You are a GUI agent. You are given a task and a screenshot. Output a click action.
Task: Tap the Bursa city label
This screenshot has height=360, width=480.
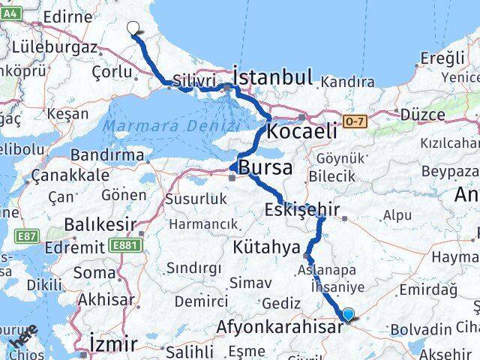click(265, 166)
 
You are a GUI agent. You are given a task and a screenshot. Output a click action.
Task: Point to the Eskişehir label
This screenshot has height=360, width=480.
click(302, 210)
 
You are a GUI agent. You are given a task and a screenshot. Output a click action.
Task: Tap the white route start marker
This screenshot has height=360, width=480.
click(133, 28)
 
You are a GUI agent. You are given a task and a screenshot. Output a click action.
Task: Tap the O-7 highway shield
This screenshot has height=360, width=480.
click(355, 120)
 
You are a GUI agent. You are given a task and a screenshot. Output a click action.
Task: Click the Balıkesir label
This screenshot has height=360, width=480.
click(100, 224)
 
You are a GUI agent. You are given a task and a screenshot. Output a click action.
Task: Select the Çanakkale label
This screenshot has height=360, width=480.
click(70, 175)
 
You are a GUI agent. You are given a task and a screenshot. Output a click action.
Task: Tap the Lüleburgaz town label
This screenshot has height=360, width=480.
click(55, 47)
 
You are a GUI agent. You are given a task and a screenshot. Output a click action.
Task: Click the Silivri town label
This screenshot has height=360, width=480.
click(194, 80)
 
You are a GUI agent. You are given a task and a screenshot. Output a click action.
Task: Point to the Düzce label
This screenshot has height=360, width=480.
click(422, 114)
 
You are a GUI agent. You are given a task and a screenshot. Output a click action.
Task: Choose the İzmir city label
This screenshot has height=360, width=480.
click(112, 343)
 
